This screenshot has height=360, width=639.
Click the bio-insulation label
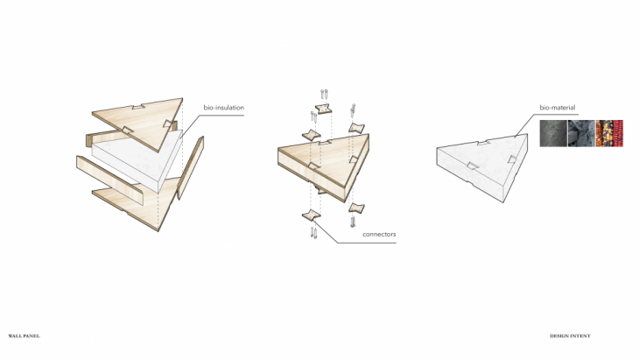224,108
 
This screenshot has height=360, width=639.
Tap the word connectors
379,235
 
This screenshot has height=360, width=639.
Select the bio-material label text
557,108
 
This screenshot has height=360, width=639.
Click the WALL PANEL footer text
24,336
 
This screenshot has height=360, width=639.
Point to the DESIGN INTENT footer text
570,336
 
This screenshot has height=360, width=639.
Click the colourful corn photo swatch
609,133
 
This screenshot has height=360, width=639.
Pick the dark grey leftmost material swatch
553,133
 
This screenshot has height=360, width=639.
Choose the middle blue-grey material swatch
581,133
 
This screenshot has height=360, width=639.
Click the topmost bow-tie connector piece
323,109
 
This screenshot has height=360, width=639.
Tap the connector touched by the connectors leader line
311,215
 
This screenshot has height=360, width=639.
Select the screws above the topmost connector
325,94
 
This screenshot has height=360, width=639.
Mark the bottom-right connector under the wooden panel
356,208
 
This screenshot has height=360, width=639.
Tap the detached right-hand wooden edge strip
190,167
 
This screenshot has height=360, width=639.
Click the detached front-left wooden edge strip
109,180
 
